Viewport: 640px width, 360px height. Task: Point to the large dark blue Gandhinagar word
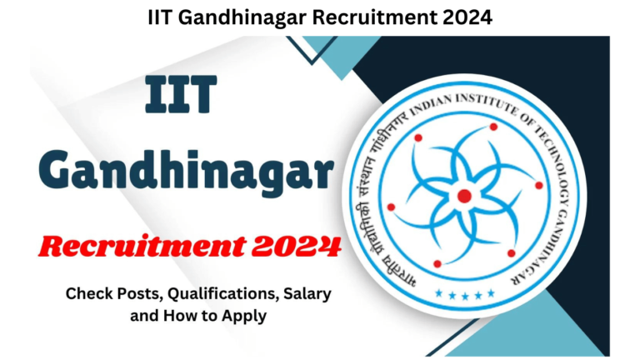point(190,172)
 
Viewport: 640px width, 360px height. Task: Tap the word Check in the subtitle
point(87,293)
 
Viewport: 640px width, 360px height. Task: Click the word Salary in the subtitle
point(285,293)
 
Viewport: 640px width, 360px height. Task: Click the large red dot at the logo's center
point(464,196)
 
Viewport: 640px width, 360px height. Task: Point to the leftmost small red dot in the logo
point(391,207)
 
